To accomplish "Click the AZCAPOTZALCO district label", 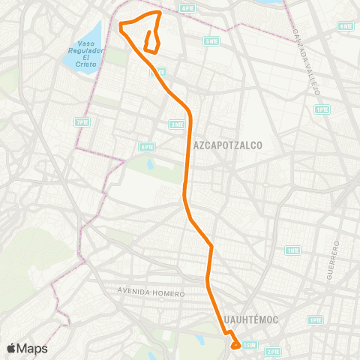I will tap(228, 146).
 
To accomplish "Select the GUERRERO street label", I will tap(334, 261).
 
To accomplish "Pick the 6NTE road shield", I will tap(346, 26).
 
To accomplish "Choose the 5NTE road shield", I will tap(212, 41).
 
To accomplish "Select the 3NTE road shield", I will tap(177, 124).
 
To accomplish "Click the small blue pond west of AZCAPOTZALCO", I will tap(149, 163).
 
